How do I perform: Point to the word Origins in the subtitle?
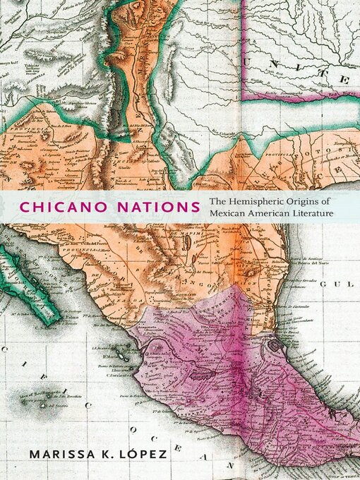click(310, 200)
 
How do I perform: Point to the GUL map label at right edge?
click(347, 284)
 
